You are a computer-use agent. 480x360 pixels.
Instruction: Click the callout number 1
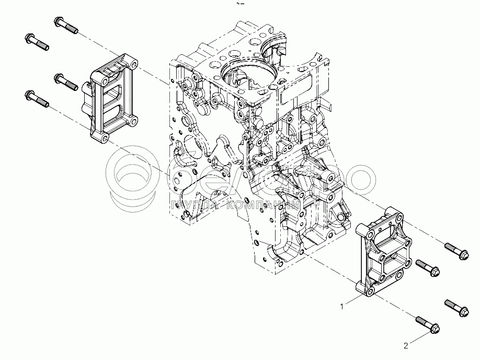pyautogui.click(x=342, y=307)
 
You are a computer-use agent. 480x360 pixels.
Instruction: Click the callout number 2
pyautogui.click(x=406, y=345)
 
